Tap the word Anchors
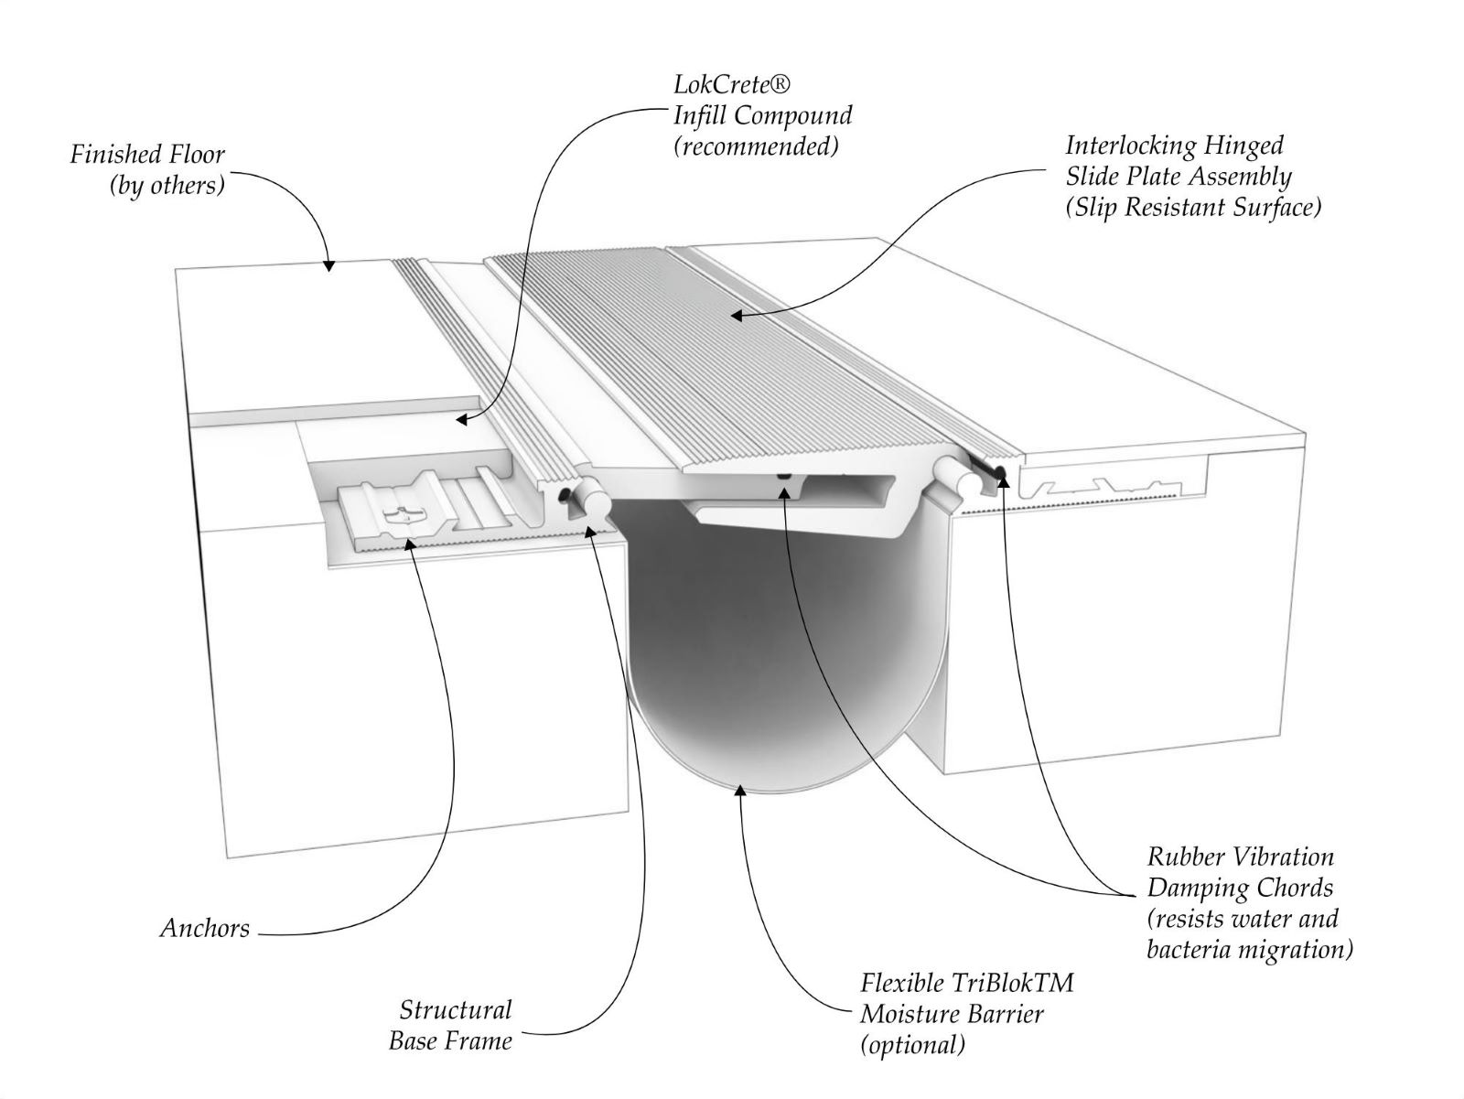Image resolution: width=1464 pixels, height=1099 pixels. pyautogui.click(x=204, y=928)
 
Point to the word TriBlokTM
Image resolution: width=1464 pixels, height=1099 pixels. pyautogui.click(x=1012, y=983)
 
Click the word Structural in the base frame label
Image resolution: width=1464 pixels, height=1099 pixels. pyautogui.click(x=455, y=1010)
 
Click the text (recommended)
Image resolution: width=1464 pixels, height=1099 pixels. pyautogui.click(x=755, y=146)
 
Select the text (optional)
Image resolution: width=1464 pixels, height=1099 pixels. pyautogui.click(x=912, y=1044)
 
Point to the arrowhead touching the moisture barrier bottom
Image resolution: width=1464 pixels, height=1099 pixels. pyautogui.click(x=737, y=788)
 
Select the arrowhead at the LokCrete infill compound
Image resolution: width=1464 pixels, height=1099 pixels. pyautogui.click(x=460, y=420)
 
